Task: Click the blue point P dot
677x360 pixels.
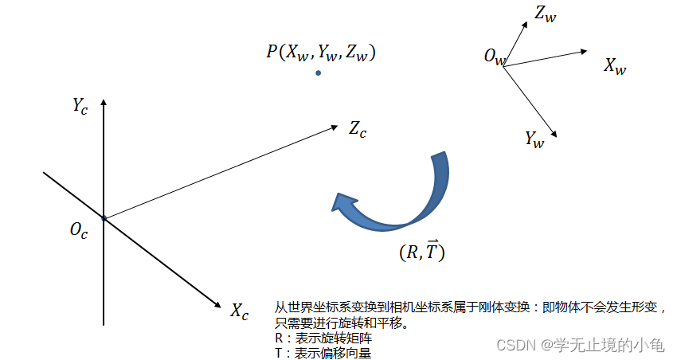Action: pyautogui.click(x=319, y=73)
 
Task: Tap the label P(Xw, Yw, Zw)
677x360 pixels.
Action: pyautogui.click(x=321, y=53)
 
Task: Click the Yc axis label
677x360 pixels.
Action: pyautogui.click(x=80, y=105)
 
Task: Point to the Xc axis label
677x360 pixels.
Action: pyautogui.click(x=240, y=310)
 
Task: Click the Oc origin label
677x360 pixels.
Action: pyautogui.click(x=79, y=231)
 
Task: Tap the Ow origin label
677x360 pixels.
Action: pyautogui.click(x=494, y=57)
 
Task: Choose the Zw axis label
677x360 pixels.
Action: pyautogui.click(x=546, y=14)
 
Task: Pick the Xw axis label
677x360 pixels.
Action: pyautogui.click(x=615, y=66)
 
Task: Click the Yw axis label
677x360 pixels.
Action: pyautogui.click(x=534, y=139)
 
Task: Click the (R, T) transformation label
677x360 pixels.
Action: pyautogui.click(x=421, y=252)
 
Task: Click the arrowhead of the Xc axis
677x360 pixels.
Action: pyautogui.click(x=217, y=304)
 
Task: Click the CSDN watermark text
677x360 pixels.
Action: pyautogui.click(x=580, y=345)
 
